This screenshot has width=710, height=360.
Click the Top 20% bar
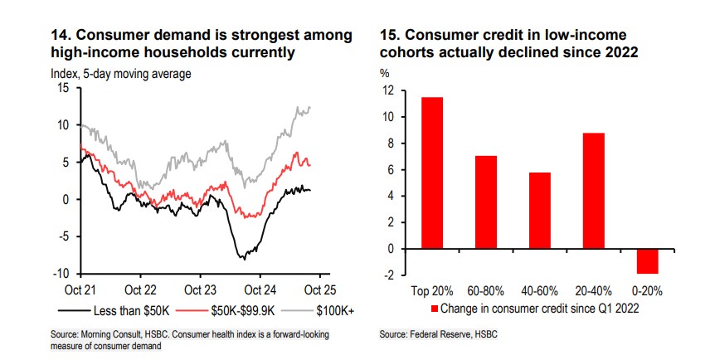pyautogui.click(x=431, y=173)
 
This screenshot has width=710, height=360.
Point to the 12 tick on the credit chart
pyautogui.click(x=386, y=91)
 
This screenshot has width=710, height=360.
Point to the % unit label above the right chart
pyautogui.click(x=384, y=73)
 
